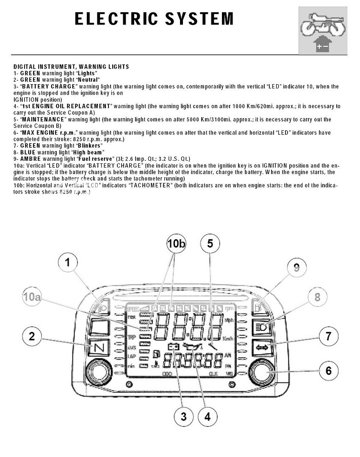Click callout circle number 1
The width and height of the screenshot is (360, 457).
67,263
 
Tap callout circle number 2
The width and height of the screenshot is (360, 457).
32,337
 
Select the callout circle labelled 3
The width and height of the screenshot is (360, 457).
183,416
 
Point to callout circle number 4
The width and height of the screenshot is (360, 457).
207,416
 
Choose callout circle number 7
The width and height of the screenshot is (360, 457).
329,337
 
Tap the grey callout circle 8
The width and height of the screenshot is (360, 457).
317,297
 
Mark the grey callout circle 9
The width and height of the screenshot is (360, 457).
296,267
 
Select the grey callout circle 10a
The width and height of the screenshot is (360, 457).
32,298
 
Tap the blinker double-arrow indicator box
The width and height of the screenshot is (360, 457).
262,348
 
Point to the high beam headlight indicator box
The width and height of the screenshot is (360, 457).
262,327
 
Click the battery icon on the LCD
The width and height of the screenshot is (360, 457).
174,347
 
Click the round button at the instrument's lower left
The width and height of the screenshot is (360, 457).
98,372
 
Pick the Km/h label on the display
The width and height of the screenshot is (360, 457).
229,339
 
